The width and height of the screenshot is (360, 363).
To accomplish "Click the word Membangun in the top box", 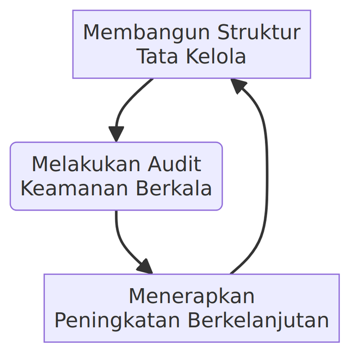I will tap(139, 33).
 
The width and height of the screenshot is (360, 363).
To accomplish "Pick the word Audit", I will tap(174, 164).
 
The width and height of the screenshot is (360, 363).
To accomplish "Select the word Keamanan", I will tap(66, 189).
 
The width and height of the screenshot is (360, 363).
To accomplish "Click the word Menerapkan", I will tap(191, 296).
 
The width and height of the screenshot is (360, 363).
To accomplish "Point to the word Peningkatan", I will tap(118, 320).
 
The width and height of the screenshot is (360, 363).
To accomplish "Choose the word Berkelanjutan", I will tap(258, 320).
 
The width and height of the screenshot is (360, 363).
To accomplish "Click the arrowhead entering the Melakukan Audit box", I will tap(116, 135).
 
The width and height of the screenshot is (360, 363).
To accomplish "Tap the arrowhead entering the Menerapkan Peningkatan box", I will tap(146, 267).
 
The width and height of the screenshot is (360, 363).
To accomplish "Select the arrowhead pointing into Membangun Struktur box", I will tap(238, 86).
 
